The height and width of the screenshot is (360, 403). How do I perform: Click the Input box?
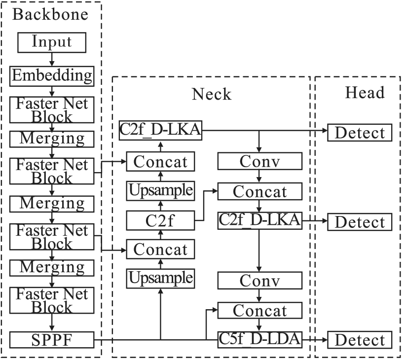click(52, 42)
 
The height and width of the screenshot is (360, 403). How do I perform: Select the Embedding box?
click(52, 75)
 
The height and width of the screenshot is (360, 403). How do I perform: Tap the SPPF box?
click(52, 340)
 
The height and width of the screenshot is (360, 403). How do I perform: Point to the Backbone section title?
click(50, 14)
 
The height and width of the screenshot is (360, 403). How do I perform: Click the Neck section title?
click(211, 93)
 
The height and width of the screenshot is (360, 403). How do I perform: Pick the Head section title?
click(365, 92)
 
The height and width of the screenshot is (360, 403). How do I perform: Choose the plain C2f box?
click(160, 220)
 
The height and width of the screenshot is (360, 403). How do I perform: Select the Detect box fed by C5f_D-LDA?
click(360, 340)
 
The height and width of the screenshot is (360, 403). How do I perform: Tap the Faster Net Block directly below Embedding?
click(52, 110)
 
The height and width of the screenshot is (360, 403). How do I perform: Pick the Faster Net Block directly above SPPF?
click(52, 301)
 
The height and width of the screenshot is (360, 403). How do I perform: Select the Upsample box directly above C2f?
click(160, 190)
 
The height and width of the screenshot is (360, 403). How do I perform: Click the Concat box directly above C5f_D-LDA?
click(260, 311)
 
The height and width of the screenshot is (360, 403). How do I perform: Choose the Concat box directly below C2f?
click(160, 249)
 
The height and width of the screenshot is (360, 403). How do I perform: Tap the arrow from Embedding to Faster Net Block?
click(52, 90)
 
